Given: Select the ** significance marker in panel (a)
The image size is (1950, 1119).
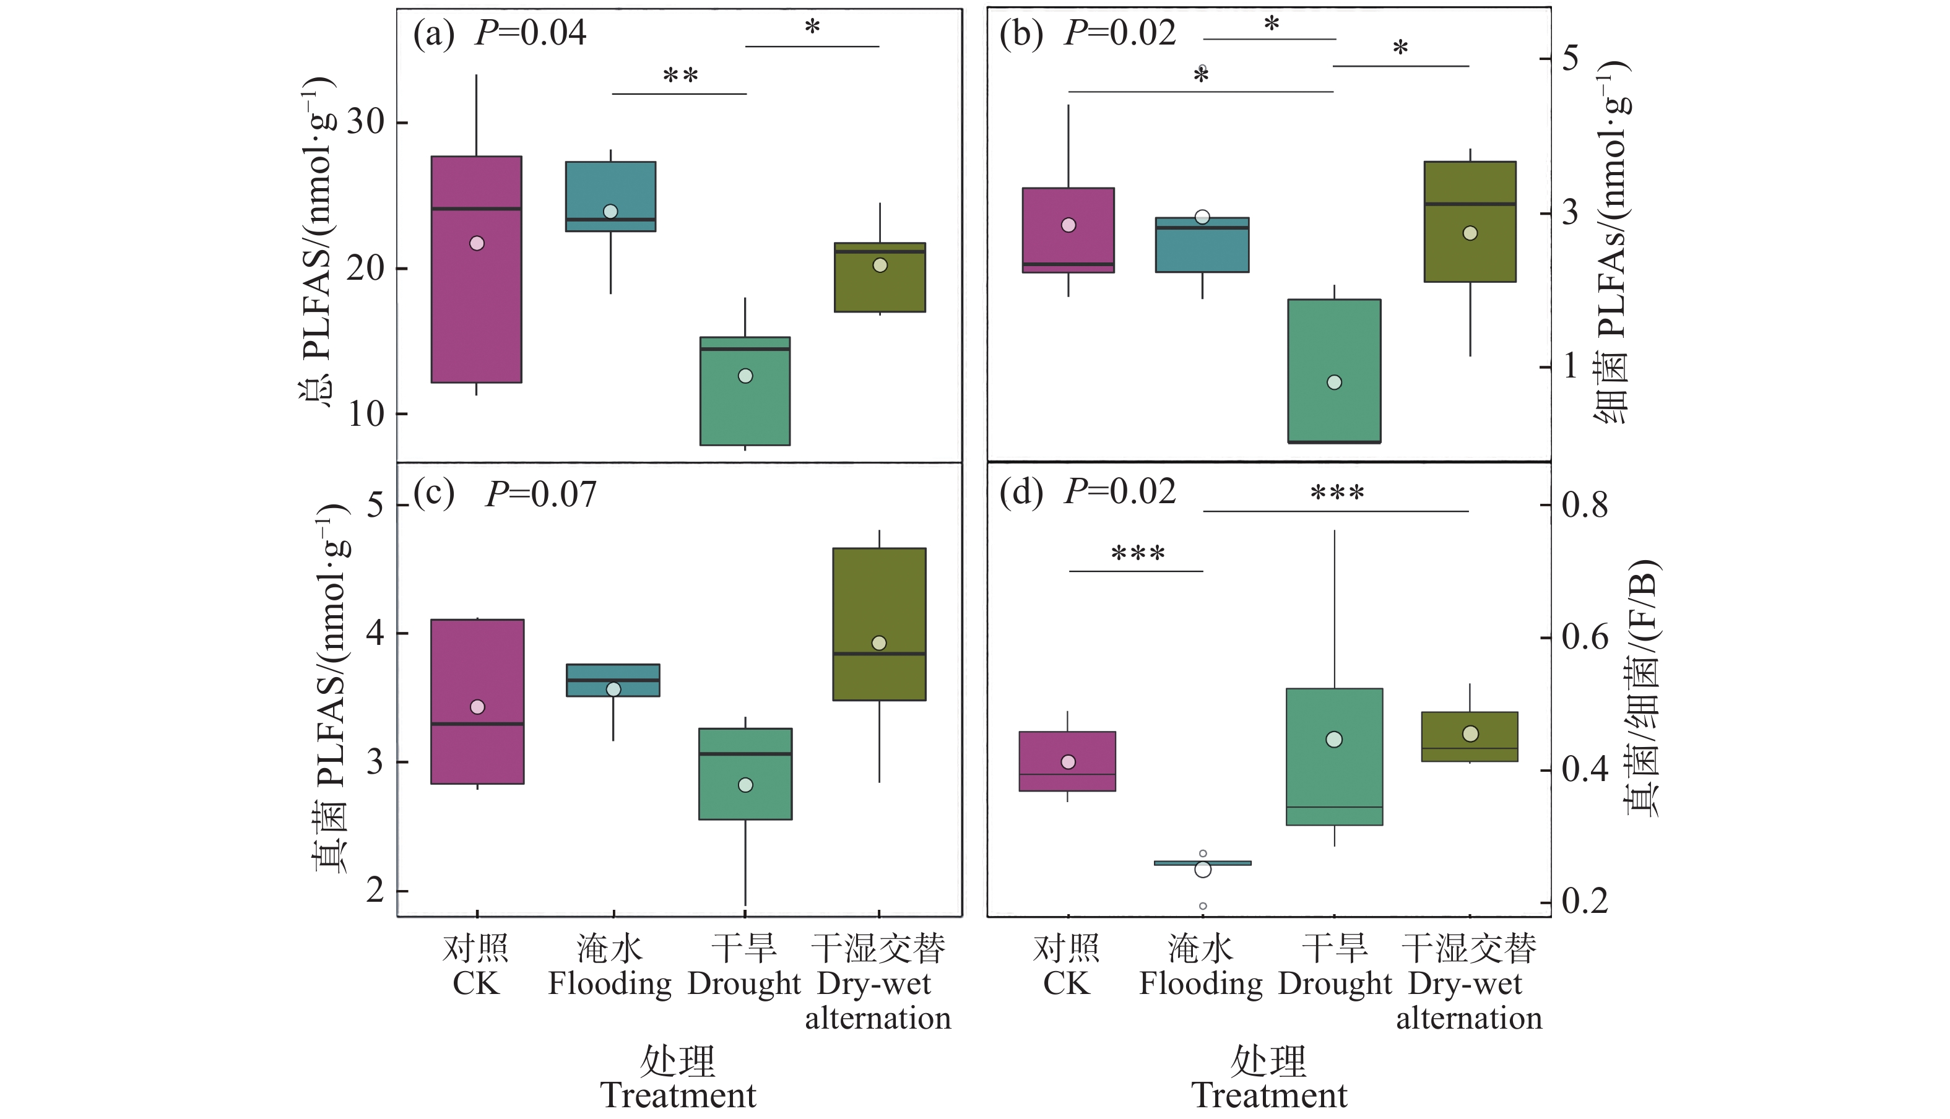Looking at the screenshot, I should coord(680,76).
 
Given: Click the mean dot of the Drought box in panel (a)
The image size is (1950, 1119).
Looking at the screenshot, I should coord(745,376).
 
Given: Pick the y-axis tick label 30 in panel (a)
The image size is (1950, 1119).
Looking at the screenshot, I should coord(365,122).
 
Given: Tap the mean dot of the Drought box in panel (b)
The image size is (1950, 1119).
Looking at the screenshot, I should coord(1334,382).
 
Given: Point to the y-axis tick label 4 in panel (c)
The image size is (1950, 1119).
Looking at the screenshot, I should coord(375,633).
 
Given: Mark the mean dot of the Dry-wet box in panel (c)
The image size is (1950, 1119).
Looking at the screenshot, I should coord(879,643).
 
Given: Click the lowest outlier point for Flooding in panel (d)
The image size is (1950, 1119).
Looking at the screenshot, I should coord(1203,906).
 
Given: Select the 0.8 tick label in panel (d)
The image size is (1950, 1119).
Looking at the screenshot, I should coord(1585,506).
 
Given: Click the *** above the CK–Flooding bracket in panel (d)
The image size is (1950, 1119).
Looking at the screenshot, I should coord(1138,553).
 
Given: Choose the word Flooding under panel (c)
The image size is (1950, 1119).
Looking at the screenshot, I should coord(610,983).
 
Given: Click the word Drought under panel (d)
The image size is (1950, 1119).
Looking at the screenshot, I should coord(1335,983).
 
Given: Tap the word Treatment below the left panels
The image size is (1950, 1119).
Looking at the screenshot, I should coord(678,1096).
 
